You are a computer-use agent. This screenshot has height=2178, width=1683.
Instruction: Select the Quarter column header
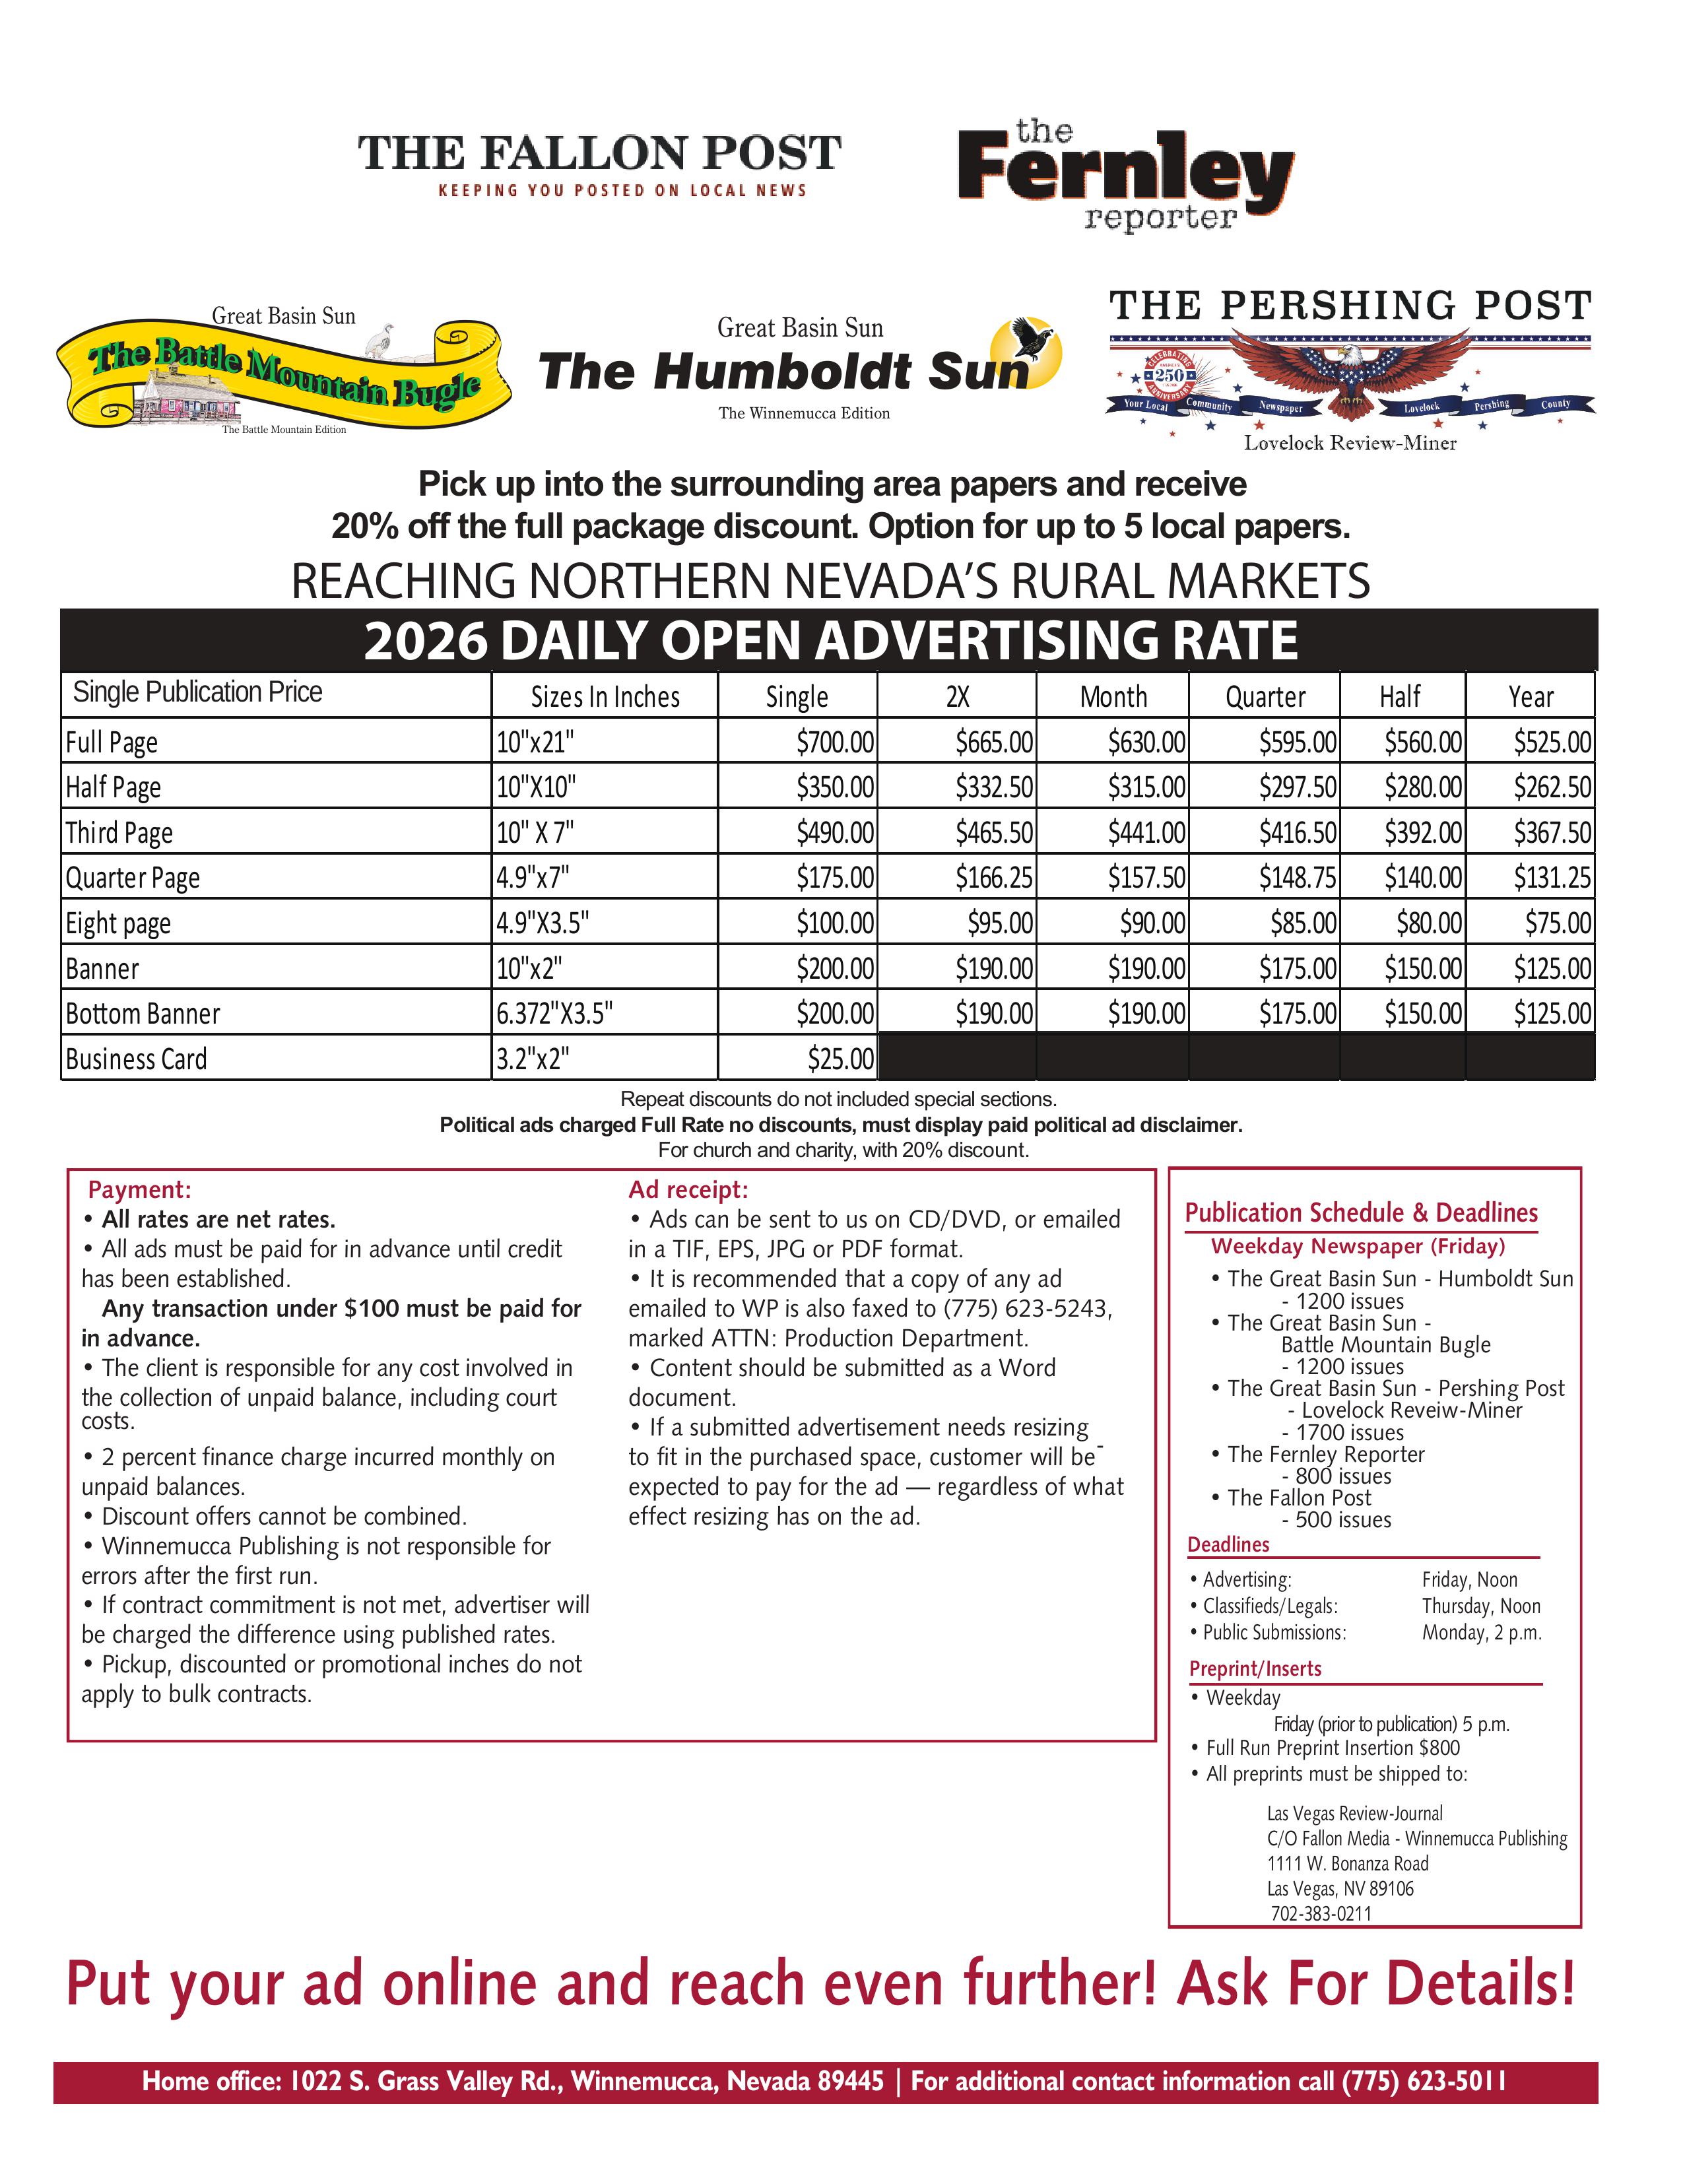[x=1265, y=697]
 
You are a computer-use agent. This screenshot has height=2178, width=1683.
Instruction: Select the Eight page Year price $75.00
[x=1558, y=923]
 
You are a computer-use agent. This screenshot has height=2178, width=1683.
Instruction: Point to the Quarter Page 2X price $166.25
[x=993, y=878]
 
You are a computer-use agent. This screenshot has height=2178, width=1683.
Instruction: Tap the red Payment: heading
[x=139, y=1190]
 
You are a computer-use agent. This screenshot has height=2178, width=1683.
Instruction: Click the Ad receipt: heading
[x=688, y=1190]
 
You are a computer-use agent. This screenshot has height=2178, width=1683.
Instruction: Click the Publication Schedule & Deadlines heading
[x=1361, y=1214]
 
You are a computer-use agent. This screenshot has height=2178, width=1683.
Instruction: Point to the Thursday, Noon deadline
[x=1480, y=1606]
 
